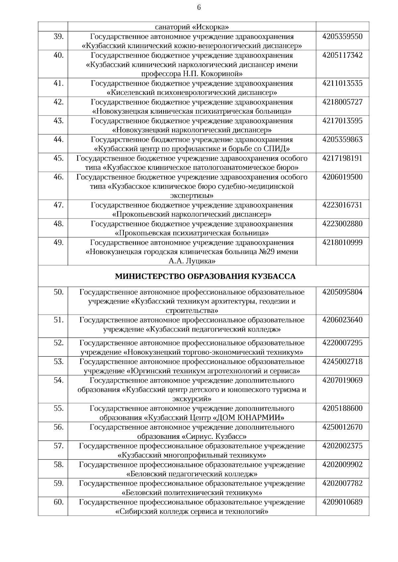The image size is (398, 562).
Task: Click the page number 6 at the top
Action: tap(199, 8)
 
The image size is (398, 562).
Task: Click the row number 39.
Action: tap(58, 36)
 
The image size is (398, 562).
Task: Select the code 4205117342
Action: tap(342, 55)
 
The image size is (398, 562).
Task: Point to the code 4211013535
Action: tap(342, 83)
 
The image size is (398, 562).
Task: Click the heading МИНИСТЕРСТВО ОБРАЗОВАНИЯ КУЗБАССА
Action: tap(205, 276)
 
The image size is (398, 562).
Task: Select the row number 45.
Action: tap(58, 158)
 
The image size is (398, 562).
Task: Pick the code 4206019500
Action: tap(342, 177)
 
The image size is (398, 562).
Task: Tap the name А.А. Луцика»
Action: tap(192, 261)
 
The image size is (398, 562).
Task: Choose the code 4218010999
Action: tap(342, 242)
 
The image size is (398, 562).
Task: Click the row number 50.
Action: tap(58, 292)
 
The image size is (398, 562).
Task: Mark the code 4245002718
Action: tap(342, 361)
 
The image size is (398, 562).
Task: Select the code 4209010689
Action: tap(342, 502)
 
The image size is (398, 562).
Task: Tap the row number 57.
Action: tap(58, 446)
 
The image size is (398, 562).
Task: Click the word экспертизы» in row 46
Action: tap(192, 195)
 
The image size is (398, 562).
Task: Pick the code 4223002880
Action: tap(342, 224)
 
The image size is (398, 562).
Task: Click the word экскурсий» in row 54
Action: tap(192, 399)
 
